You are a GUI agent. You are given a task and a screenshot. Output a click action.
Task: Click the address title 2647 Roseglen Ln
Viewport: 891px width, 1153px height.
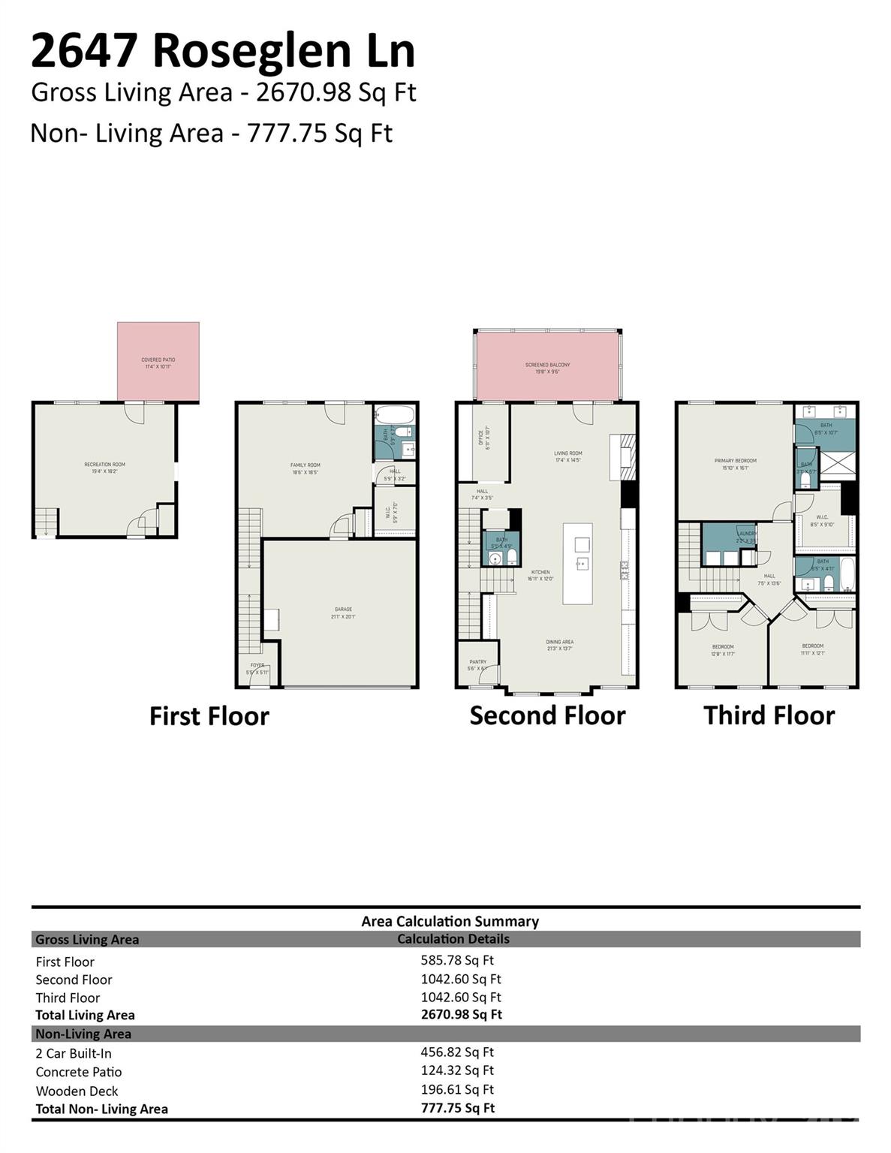[222, 51]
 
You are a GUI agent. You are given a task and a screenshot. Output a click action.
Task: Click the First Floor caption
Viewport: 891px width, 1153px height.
[209, 716]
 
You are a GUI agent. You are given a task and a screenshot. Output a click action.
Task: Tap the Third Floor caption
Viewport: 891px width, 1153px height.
[769, 716]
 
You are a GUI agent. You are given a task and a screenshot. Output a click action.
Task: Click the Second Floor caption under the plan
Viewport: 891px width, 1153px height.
[547, 716]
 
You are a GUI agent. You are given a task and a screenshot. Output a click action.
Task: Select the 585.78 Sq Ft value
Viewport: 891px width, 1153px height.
[457, 960]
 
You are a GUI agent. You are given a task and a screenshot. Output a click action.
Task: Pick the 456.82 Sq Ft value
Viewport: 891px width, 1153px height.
[457, 1052]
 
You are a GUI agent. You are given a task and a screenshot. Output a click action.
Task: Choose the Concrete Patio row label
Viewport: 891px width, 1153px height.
[78, 1072]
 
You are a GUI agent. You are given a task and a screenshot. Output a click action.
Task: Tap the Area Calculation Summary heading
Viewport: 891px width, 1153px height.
[450, 921]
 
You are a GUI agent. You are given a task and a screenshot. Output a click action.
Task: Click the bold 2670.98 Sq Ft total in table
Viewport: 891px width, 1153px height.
[461, 1014]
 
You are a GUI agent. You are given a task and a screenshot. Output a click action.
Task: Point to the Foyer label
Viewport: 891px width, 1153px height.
[257, 668]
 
